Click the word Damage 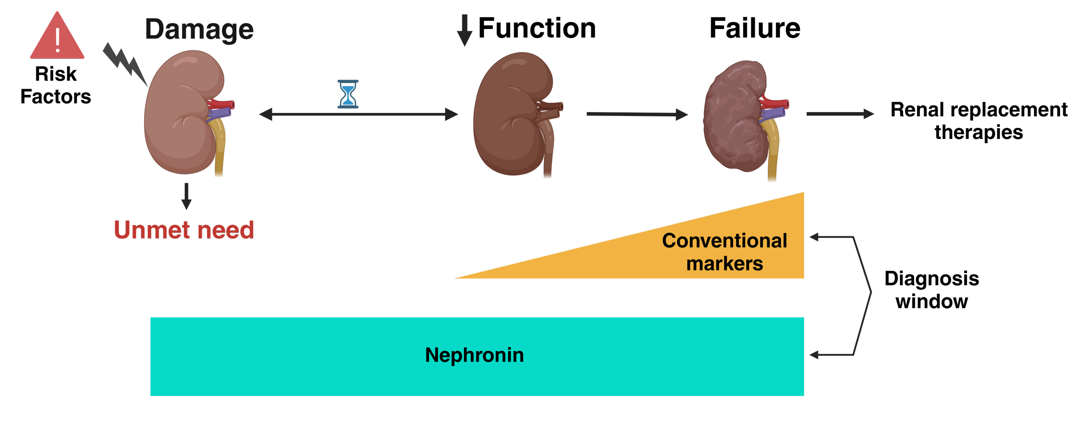click(x=199, y=29)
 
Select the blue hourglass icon click(x=348, y=94)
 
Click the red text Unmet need click(x=184, y=230)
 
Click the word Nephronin click(x=474, y=355)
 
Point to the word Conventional click(x=724, y=241)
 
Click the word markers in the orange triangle click(x=724, y=264)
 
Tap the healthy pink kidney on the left click(x=182, y=113)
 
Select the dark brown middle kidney click(x=511, y=115)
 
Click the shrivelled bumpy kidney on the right click(x=734, y=117)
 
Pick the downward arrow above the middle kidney click(x=464, y=30)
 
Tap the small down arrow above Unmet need click(x=187, y=197)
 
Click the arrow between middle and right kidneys click(x=636, y=115)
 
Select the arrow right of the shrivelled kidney click(x=840, y=114)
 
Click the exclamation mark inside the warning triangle click(x=57, y=40)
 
